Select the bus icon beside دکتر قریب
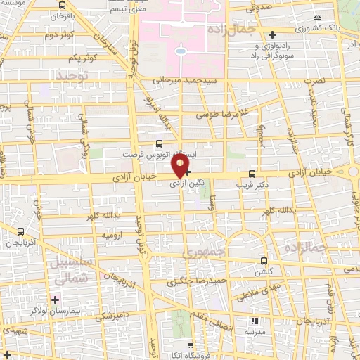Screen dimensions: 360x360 click(x=252, y=174)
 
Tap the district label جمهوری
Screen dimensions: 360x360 click(x=203, y=251)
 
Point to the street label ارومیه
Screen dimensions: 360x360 click(x=112, y=233)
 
